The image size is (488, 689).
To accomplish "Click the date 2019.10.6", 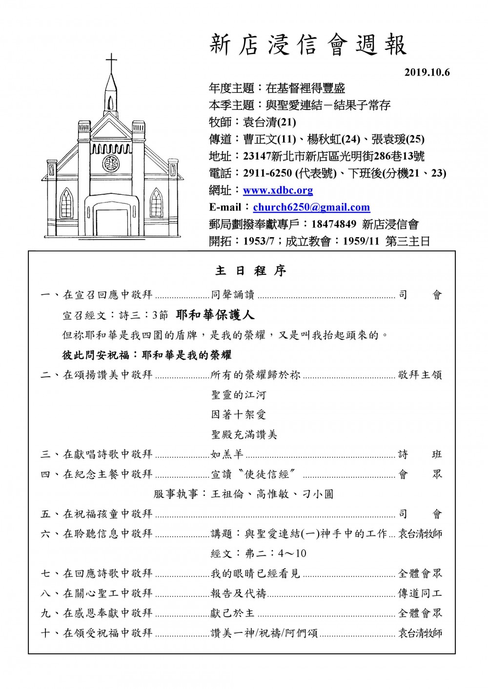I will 427,73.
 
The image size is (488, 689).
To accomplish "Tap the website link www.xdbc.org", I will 278,190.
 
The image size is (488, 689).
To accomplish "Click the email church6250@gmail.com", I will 311,207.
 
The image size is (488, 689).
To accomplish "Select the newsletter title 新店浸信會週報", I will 308,45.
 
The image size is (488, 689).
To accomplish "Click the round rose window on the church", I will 111,163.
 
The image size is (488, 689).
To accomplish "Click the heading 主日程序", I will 250,271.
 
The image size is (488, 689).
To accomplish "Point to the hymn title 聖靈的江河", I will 239,395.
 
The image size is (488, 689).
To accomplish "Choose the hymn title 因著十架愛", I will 239,415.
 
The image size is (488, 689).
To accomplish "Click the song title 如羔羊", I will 227,454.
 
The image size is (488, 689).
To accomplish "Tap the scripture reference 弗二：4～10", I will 259,553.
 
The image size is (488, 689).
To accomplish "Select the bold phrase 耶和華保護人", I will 215,315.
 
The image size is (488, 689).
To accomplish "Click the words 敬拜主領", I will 420,375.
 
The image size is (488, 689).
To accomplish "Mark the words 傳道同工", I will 420,593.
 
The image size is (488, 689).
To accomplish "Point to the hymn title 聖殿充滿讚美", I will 244,435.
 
